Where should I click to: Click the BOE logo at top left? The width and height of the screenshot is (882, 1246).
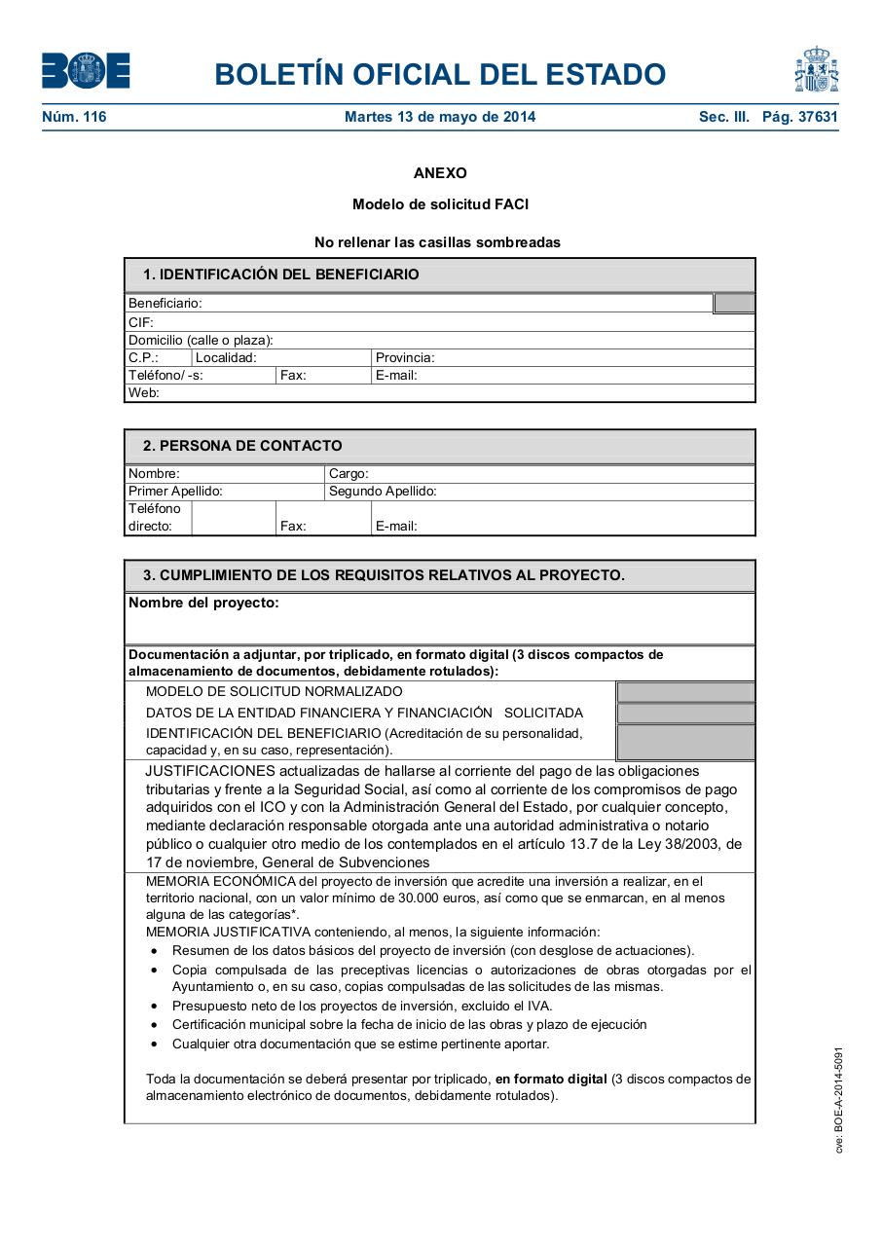pos(86,71)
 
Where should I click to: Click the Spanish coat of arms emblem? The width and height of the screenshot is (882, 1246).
pos(816,70)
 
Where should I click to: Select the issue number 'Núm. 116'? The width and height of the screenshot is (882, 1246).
pos(74,117)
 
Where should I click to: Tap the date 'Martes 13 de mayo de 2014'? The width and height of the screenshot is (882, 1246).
pos(440,117)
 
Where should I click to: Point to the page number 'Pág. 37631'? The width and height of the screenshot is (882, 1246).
pos(799,117)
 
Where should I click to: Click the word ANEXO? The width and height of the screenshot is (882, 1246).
pos(440,173)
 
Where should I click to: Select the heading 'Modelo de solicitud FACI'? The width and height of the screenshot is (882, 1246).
pos(440,204)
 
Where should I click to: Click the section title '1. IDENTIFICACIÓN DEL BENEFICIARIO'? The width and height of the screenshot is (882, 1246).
pos(280,275)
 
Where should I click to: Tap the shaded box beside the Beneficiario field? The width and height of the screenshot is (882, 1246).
pos(734,304)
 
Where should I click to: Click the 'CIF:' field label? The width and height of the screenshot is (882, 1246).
pos(141,322)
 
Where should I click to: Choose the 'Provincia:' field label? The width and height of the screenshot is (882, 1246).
pos(405,357)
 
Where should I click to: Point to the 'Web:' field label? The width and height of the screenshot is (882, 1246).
pos(144,393)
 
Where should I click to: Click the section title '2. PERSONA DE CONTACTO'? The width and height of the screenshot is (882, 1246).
pos(242,446)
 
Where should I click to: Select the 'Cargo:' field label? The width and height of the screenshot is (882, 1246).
pos(349,474)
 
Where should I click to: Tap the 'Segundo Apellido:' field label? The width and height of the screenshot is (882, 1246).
pos(383,492)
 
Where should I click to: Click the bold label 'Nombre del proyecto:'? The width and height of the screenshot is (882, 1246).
pos(203,603)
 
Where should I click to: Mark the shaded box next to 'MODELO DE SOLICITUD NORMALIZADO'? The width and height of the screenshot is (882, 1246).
pos(685,692)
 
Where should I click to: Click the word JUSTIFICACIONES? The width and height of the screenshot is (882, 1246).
pos(203,771)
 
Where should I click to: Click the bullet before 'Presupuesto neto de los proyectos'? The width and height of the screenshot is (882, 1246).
pos(154,1006)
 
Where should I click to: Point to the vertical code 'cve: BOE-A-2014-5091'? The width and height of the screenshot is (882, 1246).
pos(838,1100)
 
